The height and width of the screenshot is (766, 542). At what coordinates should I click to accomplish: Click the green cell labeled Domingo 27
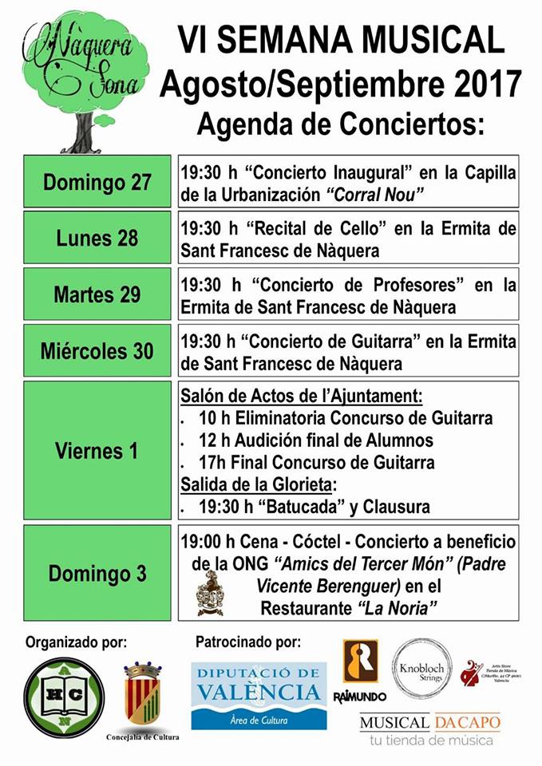point(97,181)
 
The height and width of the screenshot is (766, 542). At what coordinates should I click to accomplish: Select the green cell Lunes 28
point(97,238)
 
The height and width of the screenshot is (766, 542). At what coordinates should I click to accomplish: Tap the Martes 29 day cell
point(97,294)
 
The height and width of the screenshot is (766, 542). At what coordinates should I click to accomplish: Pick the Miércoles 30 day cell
point(97,350)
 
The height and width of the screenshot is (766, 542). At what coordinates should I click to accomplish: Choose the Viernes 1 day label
point(97,450)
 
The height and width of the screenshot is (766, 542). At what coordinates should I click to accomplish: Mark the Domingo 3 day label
point(97,573)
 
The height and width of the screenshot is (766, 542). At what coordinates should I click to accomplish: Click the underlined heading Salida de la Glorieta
point(256,484)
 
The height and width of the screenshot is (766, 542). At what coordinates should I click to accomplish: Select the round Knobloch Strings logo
point(421,668)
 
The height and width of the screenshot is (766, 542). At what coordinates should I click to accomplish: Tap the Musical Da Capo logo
point(429,729)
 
